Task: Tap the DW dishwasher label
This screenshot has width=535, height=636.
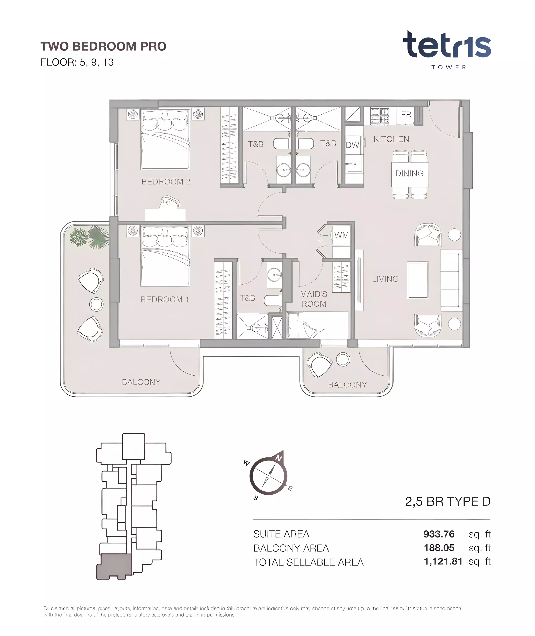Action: pyautogui.click(x=352, y=145)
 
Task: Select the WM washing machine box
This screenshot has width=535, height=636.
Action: pyautogui.click(x=341, y=235)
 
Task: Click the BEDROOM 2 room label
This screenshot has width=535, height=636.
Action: pyautogui.click(x=166, y=182)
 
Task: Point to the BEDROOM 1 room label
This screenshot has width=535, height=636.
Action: pyautogui.click(x=165, y=299)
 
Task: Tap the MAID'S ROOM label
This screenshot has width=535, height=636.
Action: pyautogui.click(x=314, y=299)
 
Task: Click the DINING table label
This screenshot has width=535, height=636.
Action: pyautogui.click(x=409, y=173)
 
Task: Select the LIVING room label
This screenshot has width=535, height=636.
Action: pyautogui.click(x=385, y=279)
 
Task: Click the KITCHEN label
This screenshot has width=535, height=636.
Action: pyautogui.click(x=391, y=139)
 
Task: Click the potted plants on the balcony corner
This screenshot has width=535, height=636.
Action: pyautogui.click(x=90, y=237)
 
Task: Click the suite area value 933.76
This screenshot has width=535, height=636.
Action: pyautogui.click(x=439, y=534)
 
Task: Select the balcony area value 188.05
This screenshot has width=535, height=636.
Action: pyautogui.click(x=439, y=548)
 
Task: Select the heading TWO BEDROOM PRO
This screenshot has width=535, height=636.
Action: pyautogui.click(x=103, y=46)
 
